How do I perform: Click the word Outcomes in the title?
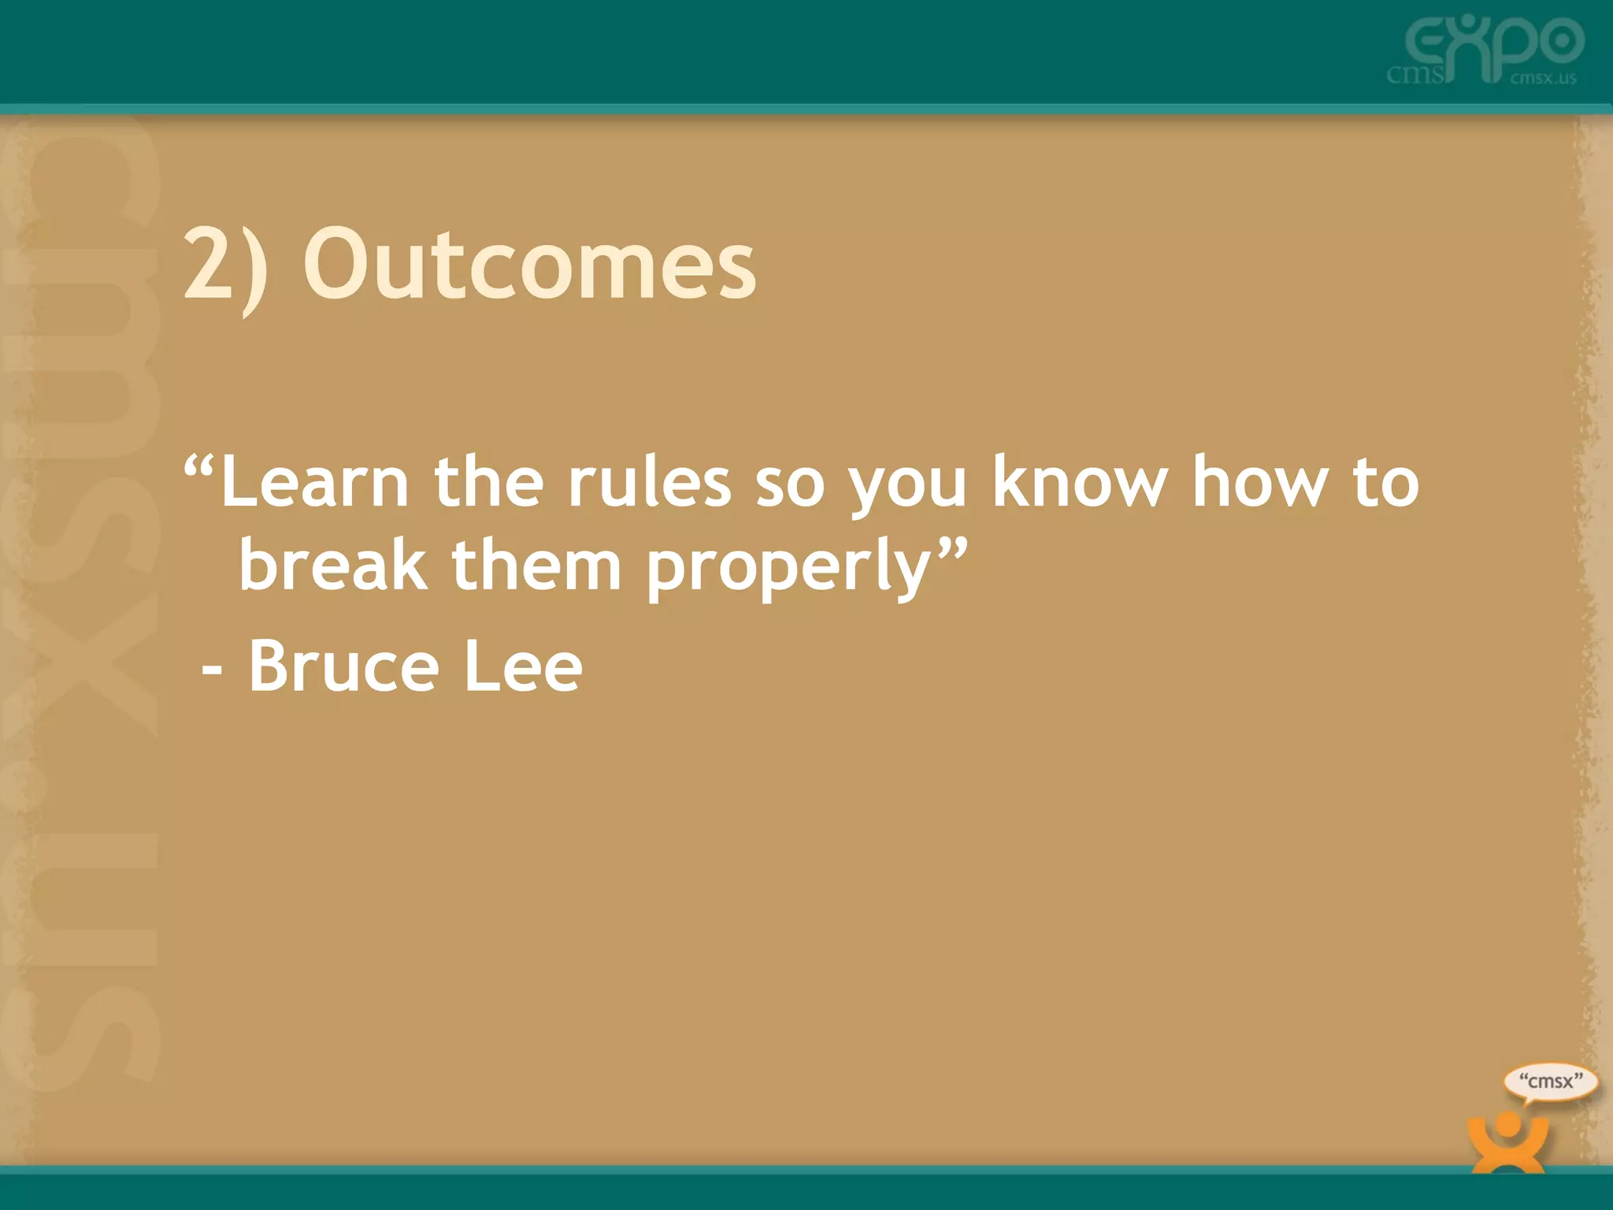529,263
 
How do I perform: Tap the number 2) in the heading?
225,266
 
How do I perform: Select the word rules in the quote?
649,482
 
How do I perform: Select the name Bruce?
343,666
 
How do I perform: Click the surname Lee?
523,666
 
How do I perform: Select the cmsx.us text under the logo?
1544,78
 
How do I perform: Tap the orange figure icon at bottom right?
1507,1142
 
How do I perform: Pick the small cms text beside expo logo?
1416,76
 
